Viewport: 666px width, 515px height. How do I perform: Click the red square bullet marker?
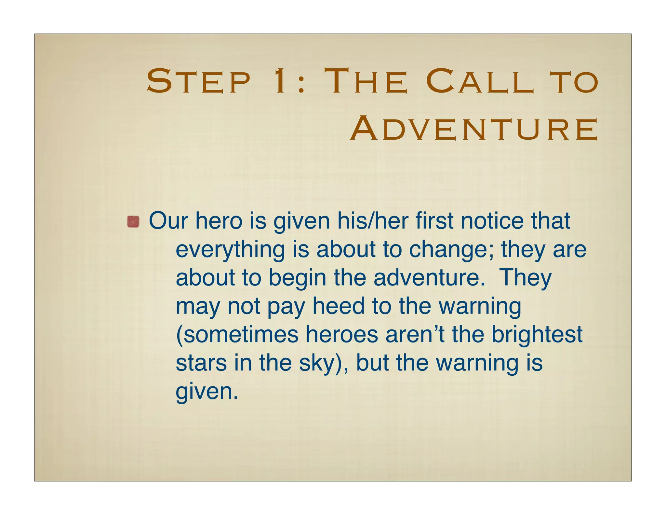click(x=133, y=222)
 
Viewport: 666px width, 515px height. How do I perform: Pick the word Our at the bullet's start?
click(x=168, y=221)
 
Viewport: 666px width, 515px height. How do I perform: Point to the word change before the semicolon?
click(x=450, y=250)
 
